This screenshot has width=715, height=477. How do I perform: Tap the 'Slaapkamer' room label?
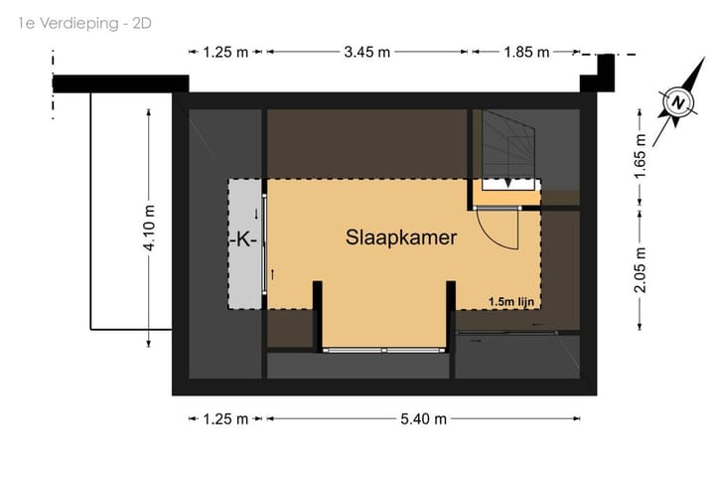401,238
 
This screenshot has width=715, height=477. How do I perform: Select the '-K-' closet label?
243,239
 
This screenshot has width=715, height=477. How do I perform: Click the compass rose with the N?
677,103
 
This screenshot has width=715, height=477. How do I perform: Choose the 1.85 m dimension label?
525,53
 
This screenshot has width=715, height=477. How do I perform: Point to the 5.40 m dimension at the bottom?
423,419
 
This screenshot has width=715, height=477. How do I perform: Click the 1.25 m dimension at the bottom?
225,419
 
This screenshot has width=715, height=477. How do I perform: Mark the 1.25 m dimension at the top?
225,53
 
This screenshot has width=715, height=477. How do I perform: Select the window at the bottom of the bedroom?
384,350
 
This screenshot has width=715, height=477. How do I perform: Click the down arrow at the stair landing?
509,183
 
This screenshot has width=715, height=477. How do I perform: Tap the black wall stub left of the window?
318,315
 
